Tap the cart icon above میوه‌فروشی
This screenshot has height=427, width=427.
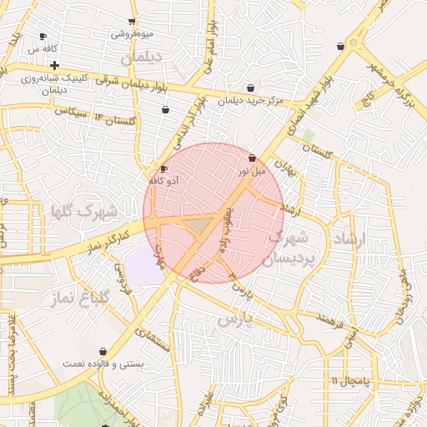tap(133, 23)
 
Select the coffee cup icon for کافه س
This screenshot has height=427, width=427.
tap(43, 37)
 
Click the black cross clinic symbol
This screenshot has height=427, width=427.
tap(54, 65)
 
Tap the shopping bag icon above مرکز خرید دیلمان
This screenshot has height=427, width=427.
tap(251, 88)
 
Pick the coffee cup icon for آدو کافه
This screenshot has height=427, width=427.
tap(163, 168)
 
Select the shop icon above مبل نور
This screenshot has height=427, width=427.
tap(252, 158)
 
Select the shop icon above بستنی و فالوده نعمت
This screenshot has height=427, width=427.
tap(103, 351)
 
